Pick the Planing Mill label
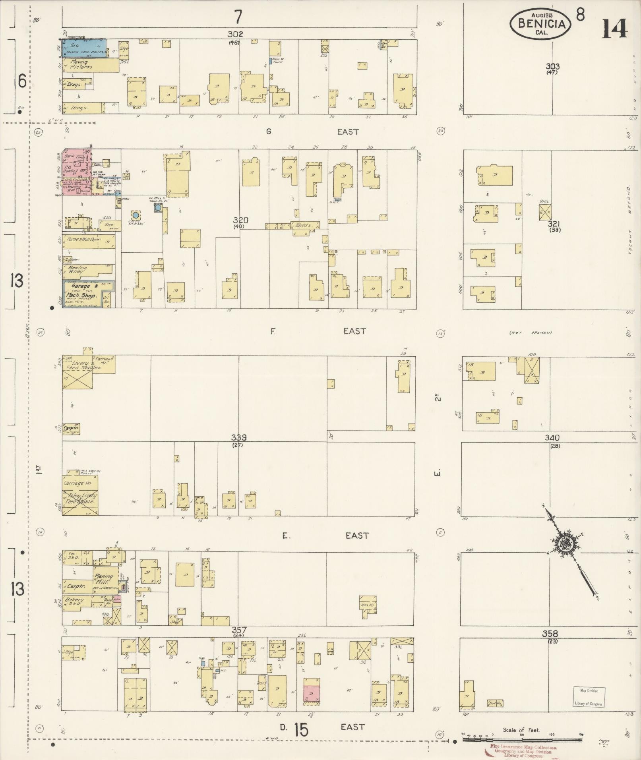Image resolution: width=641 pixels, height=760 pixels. (x=103, y=578)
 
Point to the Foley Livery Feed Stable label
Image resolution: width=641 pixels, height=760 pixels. (x=79, y=499)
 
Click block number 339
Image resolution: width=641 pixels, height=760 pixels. (x=239, y=437)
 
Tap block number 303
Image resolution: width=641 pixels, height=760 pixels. (x=552, y=66)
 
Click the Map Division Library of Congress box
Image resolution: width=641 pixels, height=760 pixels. (x=589, y=697)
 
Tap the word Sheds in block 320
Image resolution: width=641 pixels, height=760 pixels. (x=302, y=225)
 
